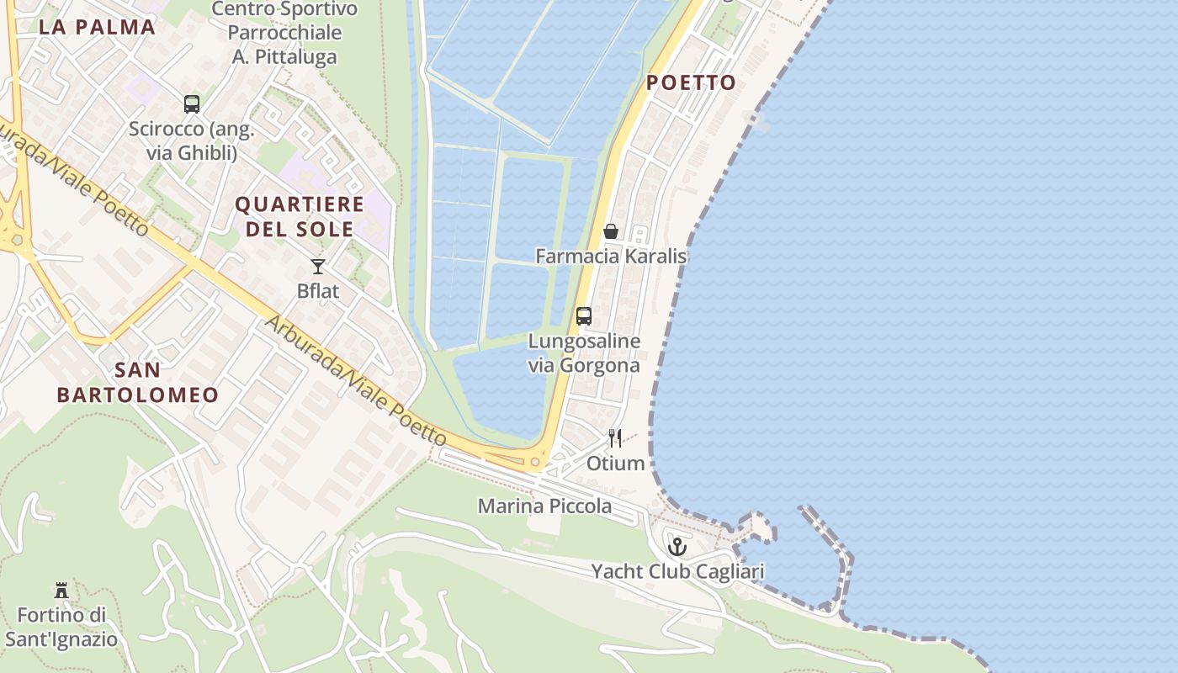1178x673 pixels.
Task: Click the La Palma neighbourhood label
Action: [98, 27]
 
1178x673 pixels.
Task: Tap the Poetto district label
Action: [691, 82]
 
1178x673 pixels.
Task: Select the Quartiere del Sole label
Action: [299, 216]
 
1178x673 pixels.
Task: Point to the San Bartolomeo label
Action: [138, 382]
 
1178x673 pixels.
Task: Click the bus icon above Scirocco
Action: [192, 104]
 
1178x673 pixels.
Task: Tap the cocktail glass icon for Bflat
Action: [318, 267]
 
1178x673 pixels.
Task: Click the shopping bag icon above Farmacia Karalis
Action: [611, 231]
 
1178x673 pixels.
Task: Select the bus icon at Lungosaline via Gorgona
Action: [584, 316]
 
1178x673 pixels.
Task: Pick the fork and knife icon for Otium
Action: [616, 438]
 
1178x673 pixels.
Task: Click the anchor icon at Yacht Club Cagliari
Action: [677, 548]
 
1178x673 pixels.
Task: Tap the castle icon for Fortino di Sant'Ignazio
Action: [61, 590]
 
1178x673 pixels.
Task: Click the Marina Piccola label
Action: [544, 506]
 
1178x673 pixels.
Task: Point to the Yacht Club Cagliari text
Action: [677, 572]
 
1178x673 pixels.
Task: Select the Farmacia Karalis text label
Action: [611, 256]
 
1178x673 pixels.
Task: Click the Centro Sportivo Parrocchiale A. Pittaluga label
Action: [284, 33]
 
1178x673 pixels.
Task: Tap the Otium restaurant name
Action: [616, 464]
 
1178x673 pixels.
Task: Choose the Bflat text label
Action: [318, 291]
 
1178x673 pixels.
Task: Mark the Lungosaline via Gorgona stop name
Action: [584, 353]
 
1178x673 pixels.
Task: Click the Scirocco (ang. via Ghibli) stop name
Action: [192, 141]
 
